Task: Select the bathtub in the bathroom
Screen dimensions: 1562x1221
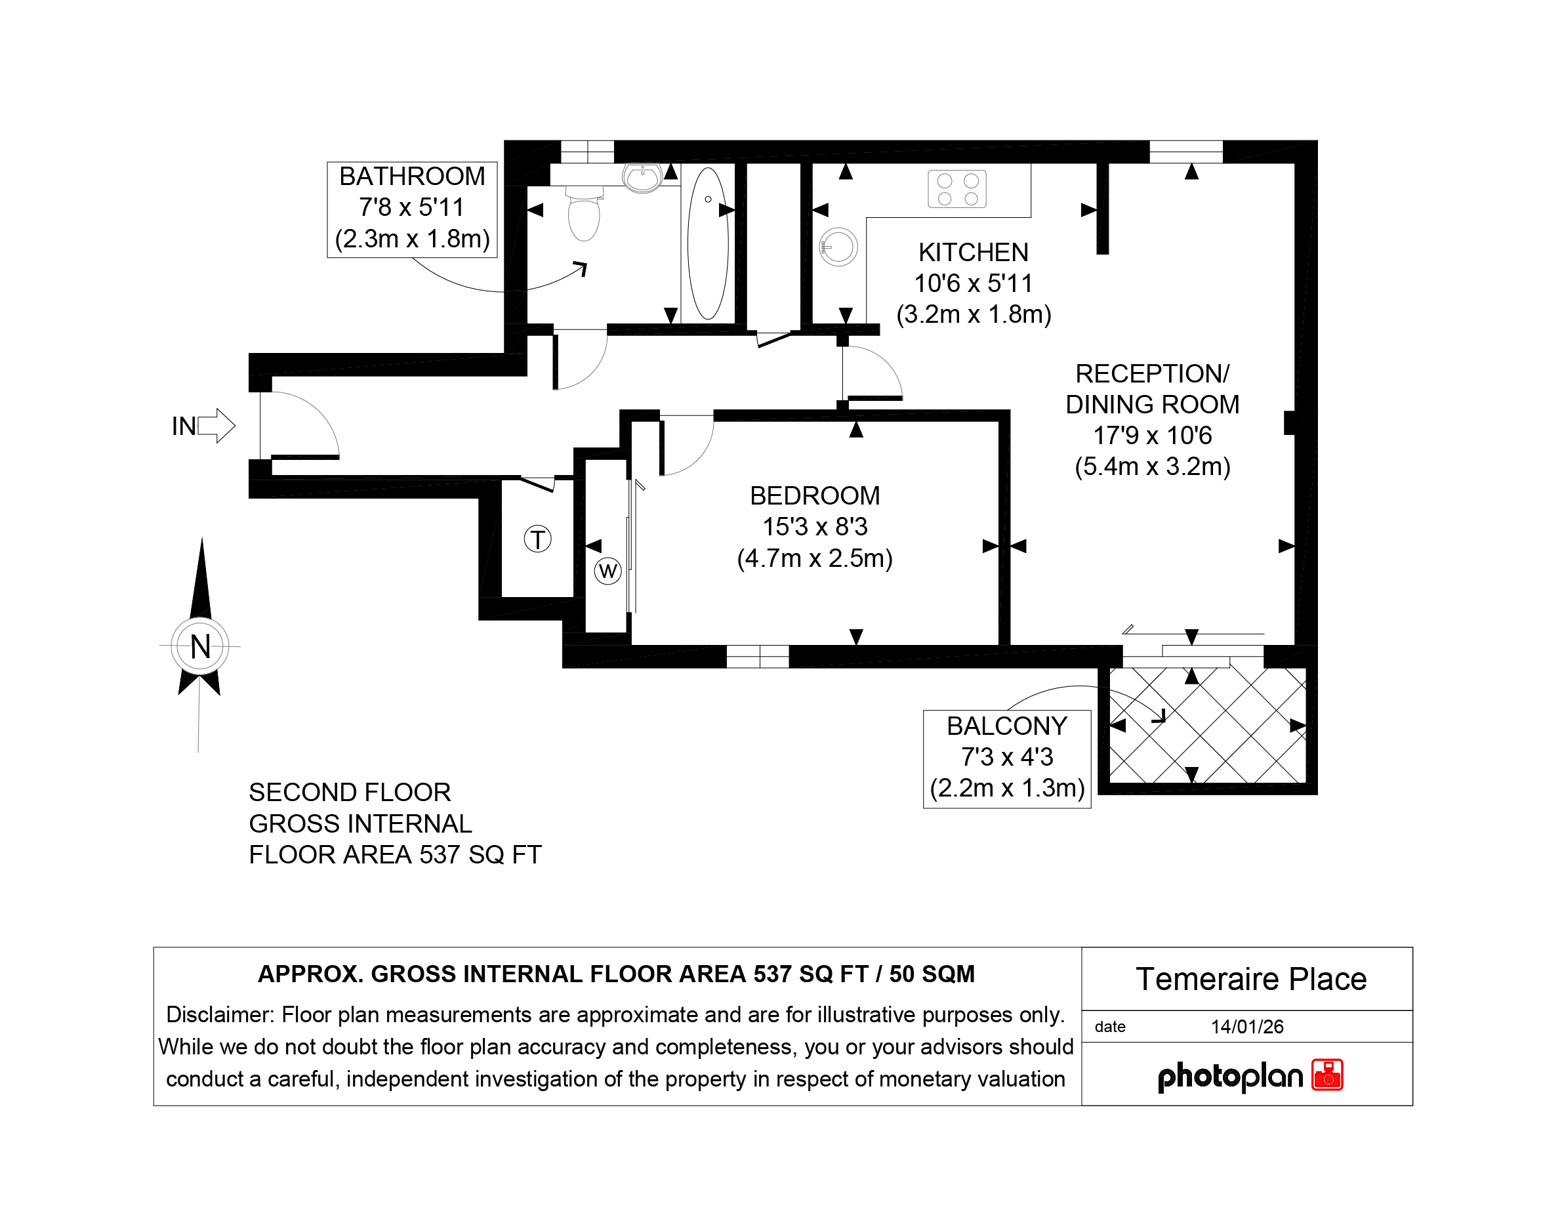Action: [x=708, y=243]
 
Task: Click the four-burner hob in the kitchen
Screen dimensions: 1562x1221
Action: [x=957, y=189]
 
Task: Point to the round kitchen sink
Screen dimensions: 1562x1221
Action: [x=838, y=247]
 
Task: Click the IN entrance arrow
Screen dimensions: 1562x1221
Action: [x=216, y=426]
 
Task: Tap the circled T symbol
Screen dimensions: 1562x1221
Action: [x=538, y=539]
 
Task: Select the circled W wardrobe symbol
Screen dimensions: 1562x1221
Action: [x=608, y=571]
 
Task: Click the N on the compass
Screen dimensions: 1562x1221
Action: [x=200, y=647]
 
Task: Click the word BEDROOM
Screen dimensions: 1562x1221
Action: [x=815, y=496]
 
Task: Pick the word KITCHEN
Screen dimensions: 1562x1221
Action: [x=974, y=253]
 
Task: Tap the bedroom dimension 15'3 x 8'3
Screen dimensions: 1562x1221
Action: [x=815, y=527]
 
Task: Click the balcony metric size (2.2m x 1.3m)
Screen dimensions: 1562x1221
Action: [x=1007, y=787]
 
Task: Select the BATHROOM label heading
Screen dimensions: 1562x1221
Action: [x=412, y=176]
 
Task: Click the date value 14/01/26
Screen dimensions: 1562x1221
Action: [x=1246, y=1027]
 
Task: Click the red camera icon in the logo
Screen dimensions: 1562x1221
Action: [x=1327, y=1075]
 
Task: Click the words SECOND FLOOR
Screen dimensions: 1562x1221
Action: [x=350, y=793]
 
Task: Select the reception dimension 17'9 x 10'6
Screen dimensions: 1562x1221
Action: [x=1152, y=436]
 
